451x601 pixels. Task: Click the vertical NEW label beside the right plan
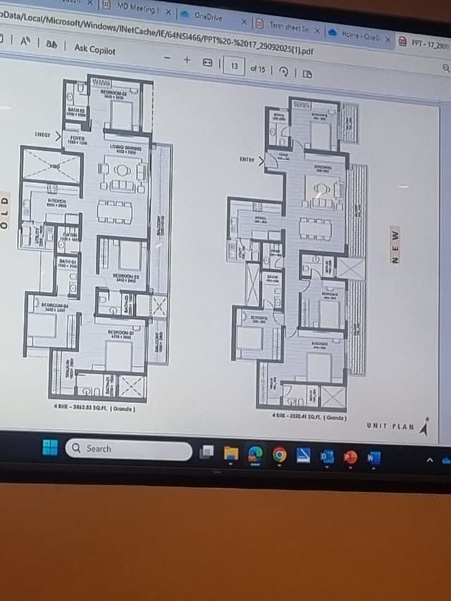tap(395, 247)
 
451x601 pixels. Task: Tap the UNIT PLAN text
tap(390, 426)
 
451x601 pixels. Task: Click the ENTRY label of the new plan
tap(246, 160)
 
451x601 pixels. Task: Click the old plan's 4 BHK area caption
tap(94, 409)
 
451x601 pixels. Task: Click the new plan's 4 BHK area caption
tap(309, 417)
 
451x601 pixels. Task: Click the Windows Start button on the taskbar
tap(50, 447)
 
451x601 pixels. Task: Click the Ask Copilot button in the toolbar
tap(94, 49)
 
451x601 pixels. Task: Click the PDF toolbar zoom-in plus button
tap(187, 60)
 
